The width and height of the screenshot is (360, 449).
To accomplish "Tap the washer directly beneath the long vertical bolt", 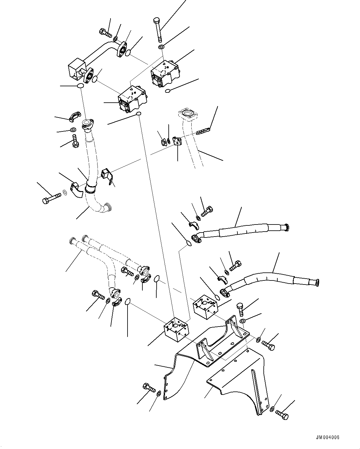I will [161, 47].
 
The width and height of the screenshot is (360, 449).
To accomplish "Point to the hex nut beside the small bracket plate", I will [163, 143].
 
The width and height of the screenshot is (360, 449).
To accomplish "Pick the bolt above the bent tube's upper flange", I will [105, 32].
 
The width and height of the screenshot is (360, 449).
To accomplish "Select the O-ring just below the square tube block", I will [80, 86].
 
